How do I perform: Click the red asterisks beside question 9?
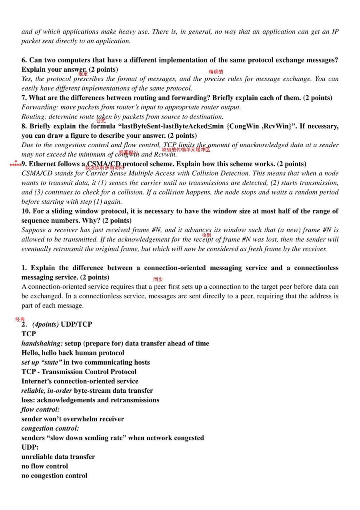point(15,164)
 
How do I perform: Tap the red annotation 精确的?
point(216,72)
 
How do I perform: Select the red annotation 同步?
point(158,279)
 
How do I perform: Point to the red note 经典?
point(20,319)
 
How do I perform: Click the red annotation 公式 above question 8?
point(101,121)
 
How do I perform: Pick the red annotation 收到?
point(206,235)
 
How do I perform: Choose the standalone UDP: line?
point(30,447)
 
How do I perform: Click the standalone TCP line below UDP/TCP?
point(29,334)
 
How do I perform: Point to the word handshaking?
point(42,343)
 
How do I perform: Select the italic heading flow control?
point(40,410)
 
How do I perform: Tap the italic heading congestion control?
point(50,428)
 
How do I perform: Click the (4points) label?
point(45,324)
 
